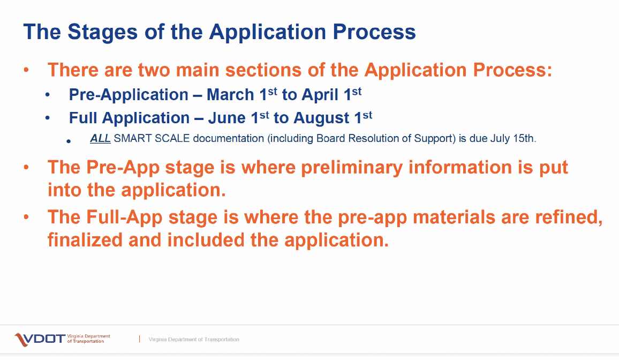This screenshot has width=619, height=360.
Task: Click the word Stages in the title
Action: [x=103, y=32]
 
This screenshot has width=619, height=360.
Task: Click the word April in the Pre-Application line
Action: [x=320, y=95]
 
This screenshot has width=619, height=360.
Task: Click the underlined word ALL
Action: [x=100, y=139]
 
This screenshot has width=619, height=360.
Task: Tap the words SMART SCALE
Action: [x=152, y=139]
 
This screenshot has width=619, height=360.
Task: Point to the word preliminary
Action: [x=352, y=168]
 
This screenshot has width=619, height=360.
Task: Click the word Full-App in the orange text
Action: [x=124, y=217]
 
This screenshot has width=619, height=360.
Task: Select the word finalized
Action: [x=85, y=240]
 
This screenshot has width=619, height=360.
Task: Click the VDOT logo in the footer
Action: [x=62, y=339]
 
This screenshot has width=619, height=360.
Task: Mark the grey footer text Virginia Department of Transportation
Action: [x=194, y=340]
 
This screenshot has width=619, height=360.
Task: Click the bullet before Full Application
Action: [x=47, y=118]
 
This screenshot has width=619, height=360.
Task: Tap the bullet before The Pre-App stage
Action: [x=26, y=167]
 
